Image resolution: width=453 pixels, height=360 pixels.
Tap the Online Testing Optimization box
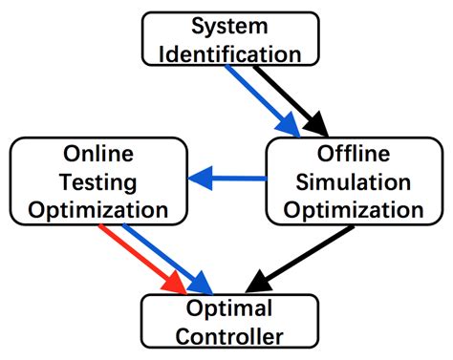[x=97, y=180]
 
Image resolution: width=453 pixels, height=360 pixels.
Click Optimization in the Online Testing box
[x=97, y=207]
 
